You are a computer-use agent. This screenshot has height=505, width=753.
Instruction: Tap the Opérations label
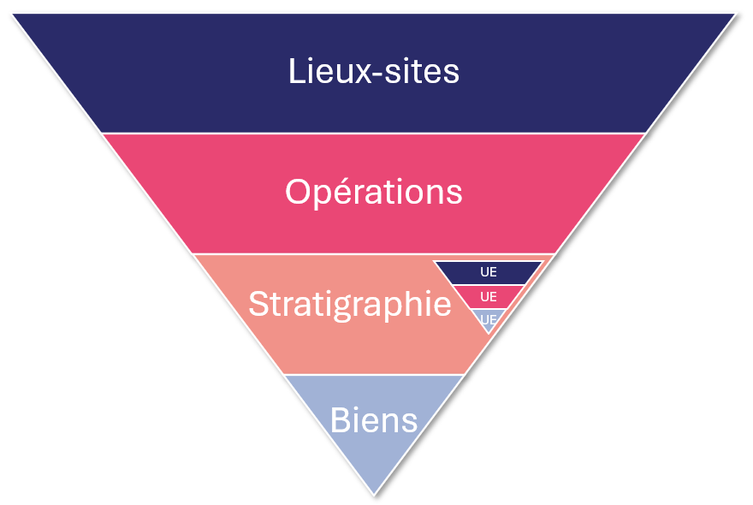(x=374, y=193)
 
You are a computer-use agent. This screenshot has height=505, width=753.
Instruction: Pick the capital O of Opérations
(x=298, y=192)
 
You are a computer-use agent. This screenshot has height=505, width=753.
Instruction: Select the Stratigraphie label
(x=350, y=305)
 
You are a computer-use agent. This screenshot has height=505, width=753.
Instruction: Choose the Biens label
(x=374, y=420)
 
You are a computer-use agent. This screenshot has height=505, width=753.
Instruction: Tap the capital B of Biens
(x=340, y=420)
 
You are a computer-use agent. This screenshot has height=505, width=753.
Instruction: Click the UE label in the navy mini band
(x=489, y=273)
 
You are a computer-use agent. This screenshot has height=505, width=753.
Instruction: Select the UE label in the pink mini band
(x=489, y=297)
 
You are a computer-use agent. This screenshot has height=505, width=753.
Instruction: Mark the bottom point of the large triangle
(x=374, y=494)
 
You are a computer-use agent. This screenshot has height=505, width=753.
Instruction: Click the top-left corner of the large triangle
(x=13, y=14)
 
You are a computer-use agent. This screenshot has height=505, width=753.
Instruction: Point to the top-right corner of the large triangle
(x=735, y=14)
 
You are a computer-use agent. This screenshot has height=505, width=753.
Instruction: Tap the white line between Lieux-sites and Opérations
(x=374, y=133)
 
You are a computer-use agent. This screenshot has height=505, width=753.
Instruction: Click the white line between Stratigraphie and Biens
(x=374, y=374)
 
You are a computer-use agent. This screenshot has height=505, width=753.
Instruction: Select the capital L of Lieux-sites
(x=296, y=71)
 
